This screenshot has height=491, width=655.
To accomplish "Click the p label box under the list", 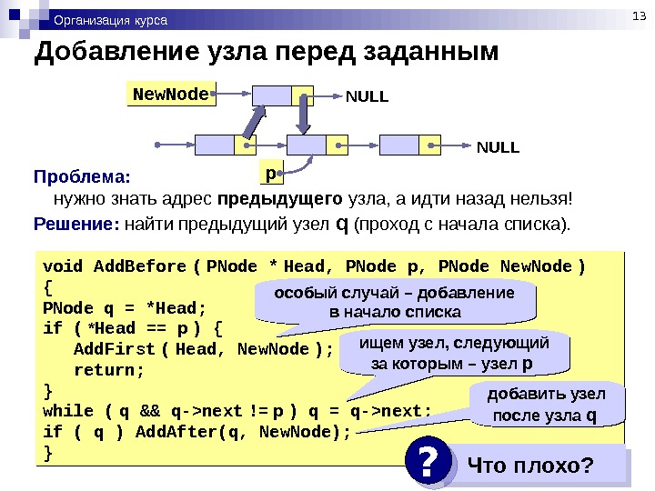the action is click(270, 171).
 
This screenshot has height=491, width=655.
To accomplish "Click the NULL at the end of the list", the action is click(499, 145).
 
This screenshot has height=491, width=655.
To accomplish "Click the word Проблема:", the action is click(82, 175).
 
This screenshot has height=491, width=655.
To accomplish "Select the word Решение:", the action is click(76, 223).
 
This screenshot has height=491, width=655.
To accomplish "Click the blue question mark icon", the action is click(428, 466).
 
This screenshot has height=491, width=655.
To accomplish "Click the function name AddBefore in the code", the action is click(139, 266).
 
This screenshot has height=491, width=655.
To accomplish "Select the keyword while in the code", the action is click(67, 411).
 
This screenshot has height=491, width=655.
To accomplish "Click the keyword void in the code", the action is click(63, 266).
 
